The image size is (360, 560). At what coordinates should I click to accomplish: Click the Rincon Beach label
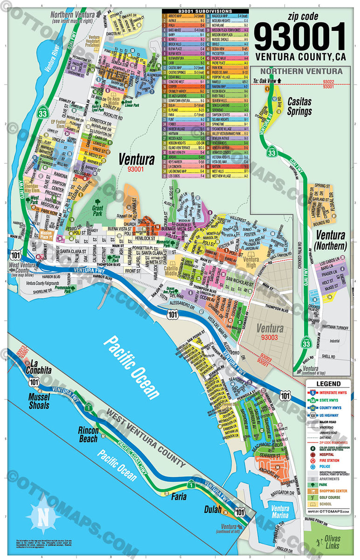[92, 434]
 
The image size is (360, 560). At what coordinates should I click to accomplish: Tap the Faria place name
[179, 496]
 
